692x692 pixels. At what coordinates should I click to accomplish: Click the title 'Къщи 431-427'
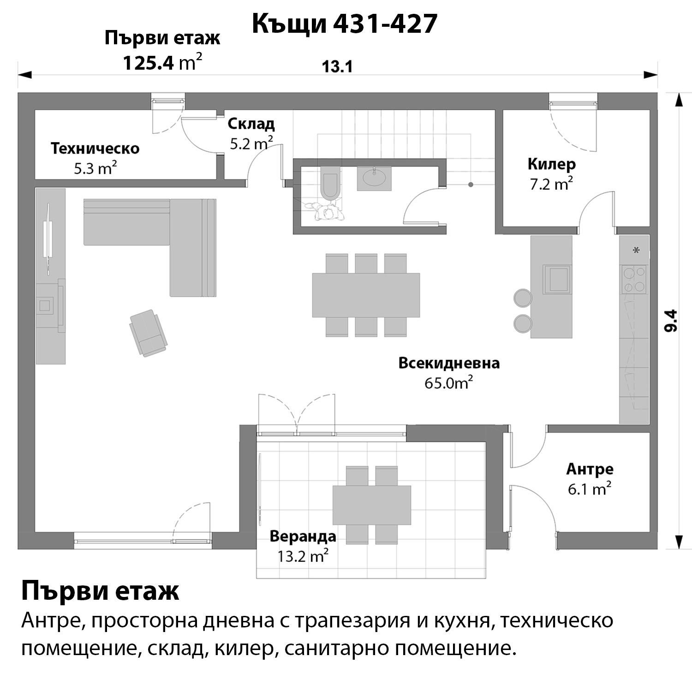345,24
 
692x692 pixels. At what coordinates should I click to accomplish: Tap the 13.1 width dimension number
337,67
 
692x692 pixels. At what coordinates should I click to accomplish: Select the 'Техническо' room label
95,149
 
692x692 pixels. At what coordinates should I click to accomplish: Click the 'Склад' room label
251,124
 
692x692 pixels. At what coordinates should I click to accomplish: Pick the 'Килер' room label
552,164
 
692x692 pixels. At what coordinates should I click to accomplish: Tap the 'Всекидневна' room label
449,363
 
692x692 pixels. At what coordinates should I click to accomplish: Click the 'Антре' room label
590,469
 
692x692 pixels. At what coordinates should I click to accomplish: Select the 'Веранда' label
303,537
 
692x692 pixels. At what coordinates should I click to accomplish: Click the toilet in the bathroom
330,185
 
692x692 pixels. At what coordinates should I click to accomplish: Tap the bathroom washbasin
374,178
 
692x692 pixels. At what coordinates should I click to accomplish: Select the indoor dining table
366,295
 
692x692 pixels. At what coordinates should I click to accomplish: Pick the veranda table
372,505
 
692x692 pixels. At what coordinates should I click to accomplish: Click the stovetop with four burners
634,280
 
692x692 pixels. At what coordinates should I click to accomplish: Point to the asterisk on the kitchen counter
637,251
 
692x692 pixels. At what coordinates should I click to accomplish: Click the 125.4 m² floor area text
162,63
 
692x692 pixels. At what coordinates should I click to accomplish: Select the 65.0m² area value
449,383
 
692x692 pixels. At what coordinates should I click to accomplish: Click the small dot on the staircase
471,185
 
